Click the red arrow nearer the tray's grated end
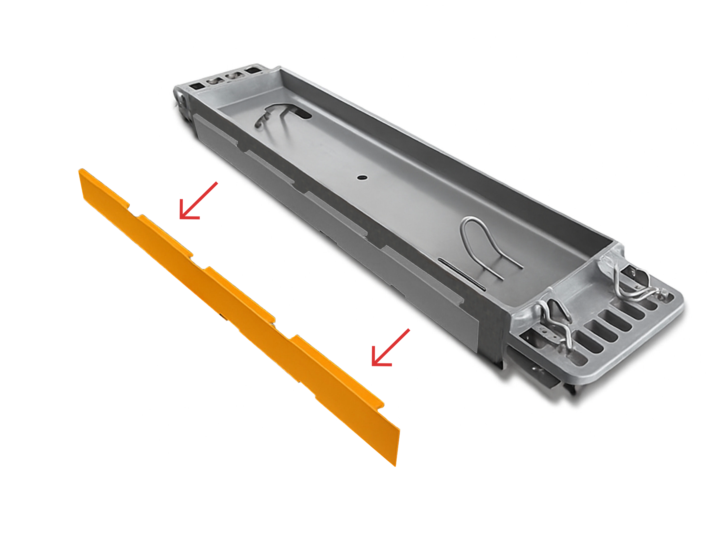click(390, 348)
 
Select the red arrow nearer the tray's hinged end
click(198, 201)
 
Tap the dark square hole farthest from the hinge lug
click(253, 70)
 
